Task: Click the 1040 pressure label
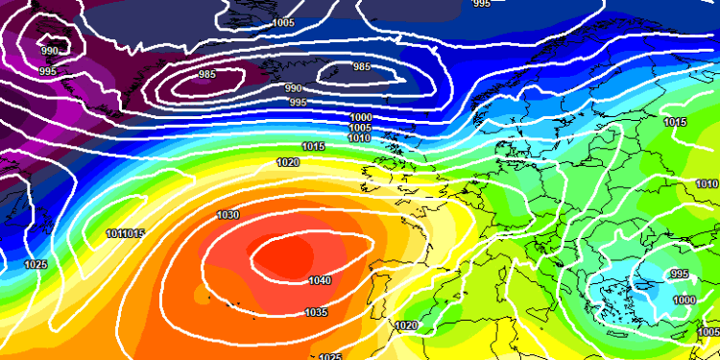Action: pos(321,281)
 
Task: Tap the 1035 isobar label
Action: pos(316,312)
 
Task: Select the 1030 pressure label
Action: pos(228,215)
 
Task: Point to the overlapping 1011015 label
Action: pos(125,234)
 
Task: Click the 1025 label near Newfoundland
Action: pos(36,264)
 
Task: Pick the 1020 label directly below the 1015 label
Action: pos(287,162)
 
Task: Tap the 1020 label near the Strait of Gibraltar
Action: pos(406,326)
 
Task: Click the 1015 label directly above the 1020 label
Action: pos(313,146)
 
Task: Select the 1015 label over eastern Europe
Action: pos(675,122)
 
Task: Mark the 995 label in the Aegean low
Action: pos(679,275)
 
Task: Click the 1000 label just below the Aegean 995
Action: pos(684,300)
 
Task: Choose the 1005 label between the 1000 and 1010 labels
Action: pos(360,128)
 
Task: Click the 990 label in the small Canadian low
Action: pos(48,51)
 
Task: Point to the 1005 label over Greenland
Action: pos(283,22)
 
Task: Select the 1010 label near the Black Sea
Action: pos(707,183)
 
